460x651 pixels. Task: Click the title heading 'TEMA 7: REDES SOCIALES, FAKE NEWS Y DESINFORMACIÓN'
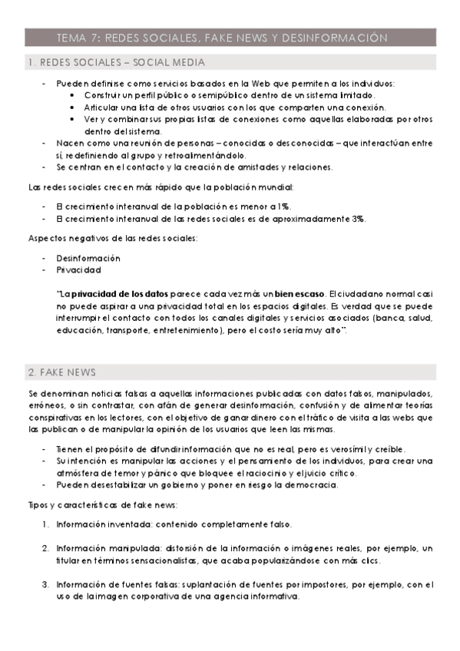(222, 37)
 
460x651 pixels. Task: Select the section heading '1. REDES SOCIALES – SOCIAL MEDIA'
(116, 62)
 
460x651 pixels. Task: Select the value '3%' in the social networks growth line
(359, 219)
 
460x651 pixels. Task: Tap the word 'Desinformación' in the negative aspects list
(88, 258)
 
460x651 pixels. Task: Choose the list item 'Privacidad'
(78, 270)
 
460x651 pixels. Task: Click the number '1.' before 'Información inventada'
(45, 524)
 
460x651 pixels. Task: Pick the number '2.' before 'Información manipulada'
(45, 548)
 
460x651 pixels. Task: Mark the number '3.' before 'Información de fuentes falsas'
(45, 585)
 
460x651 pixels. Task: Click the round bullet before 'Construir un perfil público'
(72, 95)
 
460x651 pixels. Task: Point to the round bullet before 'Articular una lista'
(72, 107)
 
